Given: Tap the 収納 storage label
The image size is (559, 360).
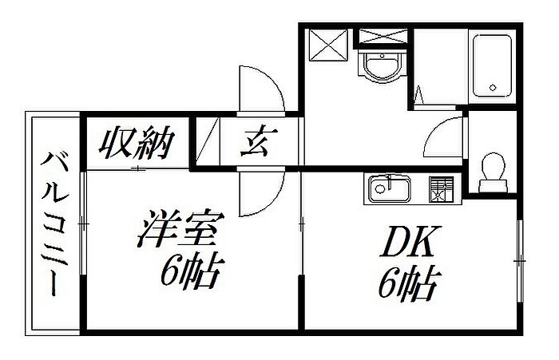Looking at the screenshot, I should tap(137, 143).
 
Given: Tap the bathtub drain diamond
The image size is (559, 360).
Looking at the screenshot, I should tap(494, 88).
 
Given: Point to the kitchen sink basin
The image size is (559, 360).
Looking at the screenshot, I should tap(389, 190).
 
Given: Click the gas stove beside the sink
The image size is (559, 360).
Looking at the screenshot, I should tap(440, 188).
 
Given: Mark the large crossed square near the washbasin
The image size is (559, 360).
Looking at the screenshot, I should tap(327, 43).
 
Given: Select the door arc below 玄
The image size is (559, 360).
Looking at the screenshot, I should tap(262, 192).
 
